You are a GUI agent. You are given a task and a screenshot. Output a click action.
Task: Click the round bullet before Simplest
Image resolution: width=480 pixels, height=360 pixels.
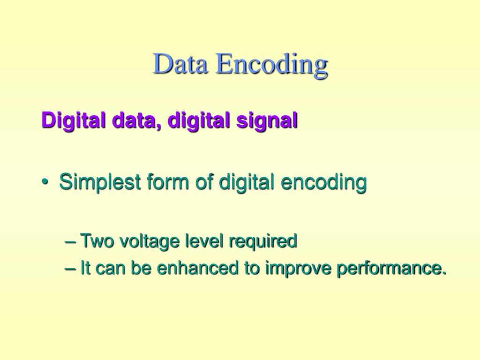45,183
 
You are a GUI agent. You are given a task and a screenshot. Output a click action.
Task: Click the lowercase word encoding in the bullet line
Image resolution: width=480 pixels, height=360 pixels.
323,183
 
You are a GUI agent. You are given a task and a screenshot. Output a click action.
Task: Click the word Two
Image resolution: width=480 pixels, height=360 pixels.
96,241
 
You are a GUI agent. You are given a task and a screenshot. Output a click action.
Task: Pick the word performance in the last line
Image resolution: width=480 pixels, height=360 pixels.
389,269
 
